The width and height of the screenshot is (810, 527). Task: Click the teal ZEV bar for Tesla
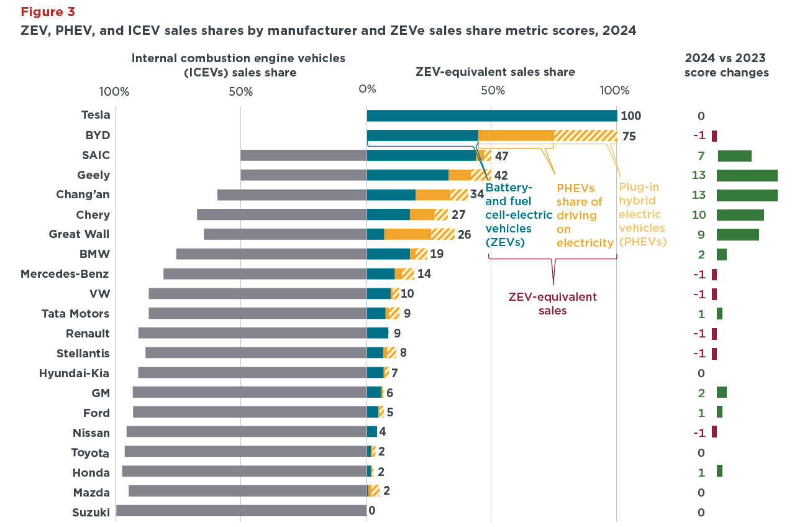pos(491,116)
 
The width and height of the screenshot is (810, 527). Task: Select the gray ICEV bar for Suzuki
pos(241,511)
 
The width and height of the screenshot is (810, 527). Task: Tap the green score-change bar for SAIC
pos(734,156)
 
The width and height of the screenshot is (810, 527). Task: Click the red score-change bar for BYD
pos(714,136)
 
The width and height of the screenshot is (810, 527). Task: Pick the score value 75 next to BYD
pos(629,137)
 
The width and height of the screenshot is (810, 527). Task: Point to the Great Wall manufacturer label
pos(79,234)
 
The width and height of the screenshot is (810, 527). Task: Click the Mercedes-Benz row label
pos(65,274)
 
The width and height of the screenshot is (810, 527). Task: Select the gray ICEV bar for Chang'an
pos(292,195)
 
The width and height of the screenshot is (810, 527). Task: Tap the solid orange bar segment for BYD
pos(516,135)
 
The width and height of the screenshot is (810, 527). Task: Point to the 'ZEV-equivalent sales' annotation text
pos(552,303)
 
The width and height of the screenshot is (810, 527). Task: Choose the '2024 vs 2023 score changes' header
pos(726,65)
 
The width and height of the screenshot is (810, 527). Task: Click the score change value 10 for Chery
pos(699,215)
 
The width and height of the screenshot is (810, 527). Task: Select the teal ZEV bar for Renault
pos(377,333)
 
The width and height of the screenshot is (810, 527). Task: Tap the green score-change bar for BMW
pos(721,255)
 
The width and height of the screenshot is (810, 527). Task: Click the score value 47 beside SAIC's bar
pos(501,156)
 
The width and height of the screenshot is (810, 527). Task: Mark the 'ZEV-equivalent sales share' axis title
pos(494,72)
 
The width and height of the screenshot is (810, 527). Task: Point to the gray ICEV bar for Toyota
pos(245,452)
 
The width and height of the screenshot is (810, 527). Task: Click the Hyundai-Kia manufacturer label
pos(74,373)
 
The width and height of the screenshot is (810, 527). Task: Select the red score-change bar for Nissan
pos(714,432)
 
